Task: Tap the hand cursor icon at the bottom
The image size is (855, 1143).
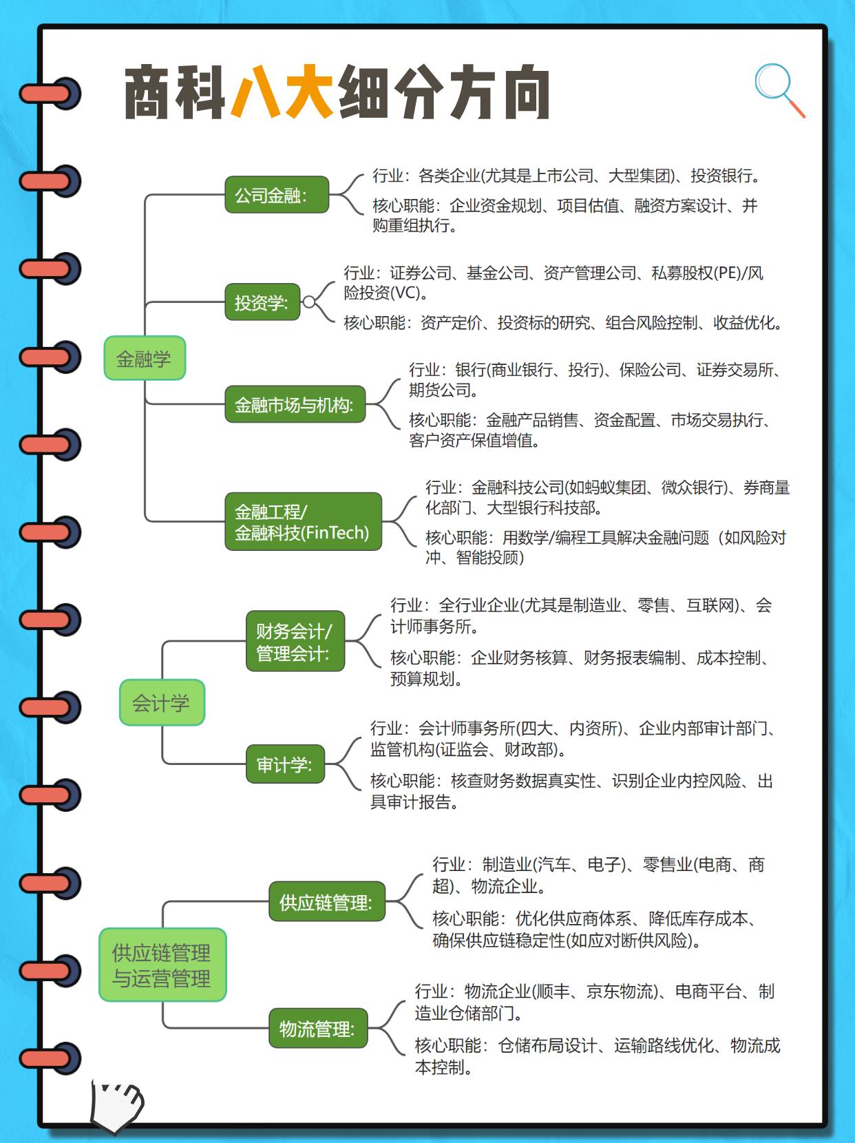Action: pyautogui.click(x=116, y=1107)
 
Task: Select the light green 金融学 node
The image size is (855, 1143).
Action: pyautogui.click(x=145, y=358)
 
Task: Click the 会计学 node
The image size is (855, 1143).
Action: pyautogui.click(x=162, y=702)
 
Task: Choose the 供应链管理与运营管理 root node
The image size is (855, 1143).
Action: pyautogui.click(x=162, y=965)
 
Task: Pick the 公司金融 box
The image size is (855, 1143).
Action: pyautogui.click(x=277, y=196)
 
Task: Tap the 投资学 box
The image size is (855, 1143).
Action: pyautogui.click(x=262, y=302)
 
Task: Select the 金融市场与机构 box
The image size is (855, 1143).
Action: pyautogui.click(x=295, y=404)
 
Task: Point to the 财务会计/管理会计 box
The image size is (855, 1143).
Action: pyautogui.click(x=295, y=641)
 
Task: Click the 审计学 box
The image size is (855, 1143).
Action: pyautogui.click(x=285, y=764)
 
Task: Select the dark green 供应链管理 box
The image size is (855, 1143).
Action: pyautogui.click(x=326, y=901)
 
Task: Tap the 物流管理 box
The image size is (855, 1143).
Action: pyautogui.click(x=318, y=1029)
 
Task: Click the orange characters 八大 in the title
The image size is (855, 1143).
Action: pyautogui.click(x=283, y=92)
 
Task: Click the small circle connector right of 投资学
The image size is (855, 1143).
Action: pyautogui.click(x=309, y=302)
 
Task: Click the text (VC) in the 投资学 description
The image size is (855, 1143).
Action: pyautogui.click(x=405, y=293)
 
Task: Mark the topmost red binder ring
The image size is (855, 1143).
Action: pyautogui.click(x=50, y=94)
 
